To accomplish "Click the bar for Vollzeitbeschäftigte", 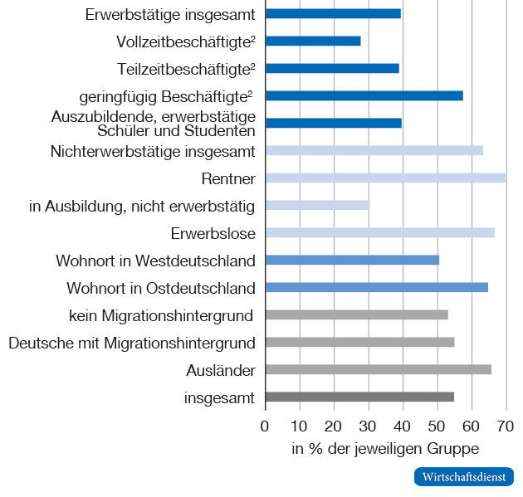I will pyautogui.click(x=313, y=41).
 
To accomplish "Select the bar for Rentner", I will pyautogui.click(x=385, y=178).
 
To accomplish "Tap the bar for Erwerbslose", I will pyautogui.click(x=379, y=232).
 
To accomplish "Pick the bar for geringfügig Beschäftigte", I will pyautogui.click(x=364, y=95).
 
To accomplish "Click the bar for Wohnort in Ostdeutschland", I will pyautogui.click(x=376, y=287).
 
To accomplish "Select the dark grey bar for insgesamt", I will pyautogui.click(x=359, y=397).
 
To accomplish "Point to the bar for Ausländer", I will pyautogui.click(x=378, y=369).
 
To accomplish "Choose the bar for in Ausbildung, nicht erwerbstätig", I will pyautogui.click(x=317, y=205).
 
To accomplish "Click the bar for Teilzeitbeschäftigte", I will pyautogui.click(x=332, y=68).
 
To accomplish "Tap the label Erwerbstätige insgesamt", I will pyautogui.click(x=170, y=14).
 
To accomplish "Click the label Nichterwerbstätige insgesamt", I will pyautogui.click(x=152, y=151).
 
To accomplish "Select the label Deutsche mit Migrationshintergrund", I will pyautogui.click(x=132, y=343).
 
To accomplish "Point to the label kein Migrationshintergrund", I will pyautogui.click(x=162, y=315).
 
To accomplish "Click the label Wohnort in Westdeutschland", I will pyautogui.click(x=155, y=261).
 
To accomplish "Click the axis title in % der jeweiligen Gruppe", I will pyautogui.click(x=385, y=449).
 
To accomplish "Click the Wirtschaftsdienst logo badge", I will pyautogui.click(x=463, y=477).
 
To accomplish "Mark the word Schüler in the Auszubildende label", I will pyautogui.click(x=122, y=130).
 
